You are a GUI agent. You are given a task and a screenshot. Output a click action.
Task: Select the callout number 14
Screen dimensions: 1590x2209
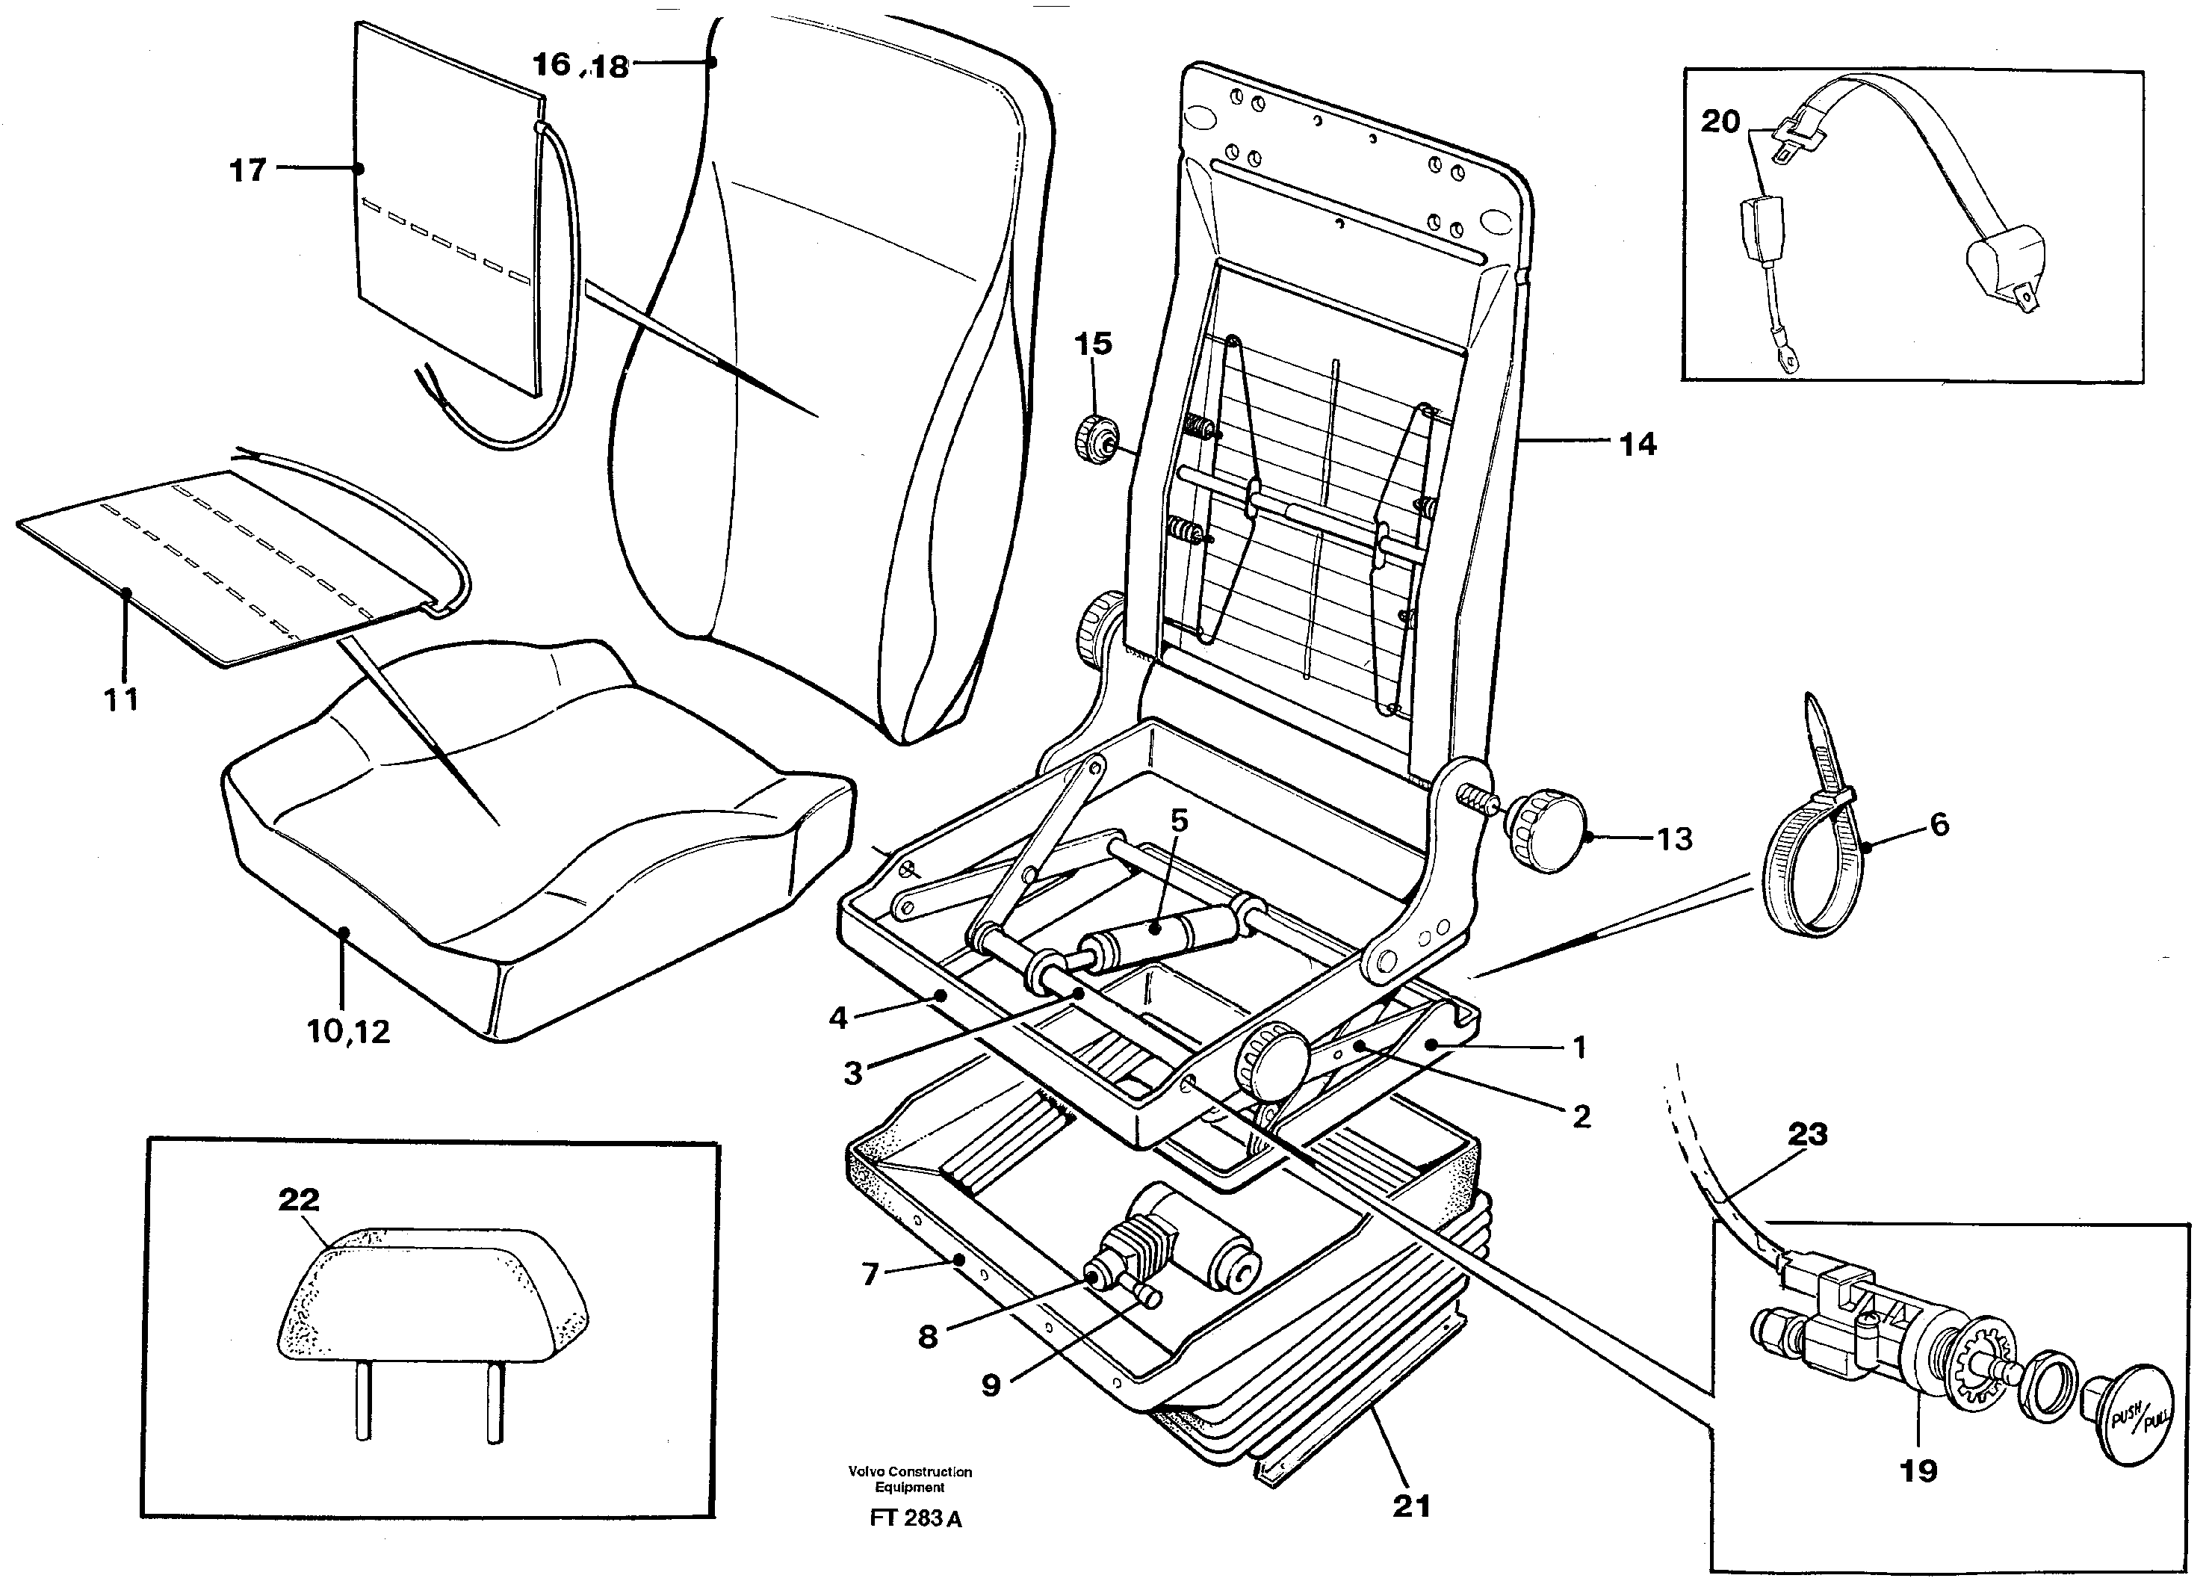1638,445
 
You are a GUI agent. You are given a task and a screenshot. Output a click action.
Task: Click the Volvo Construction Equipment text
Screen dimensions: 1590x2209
910,1479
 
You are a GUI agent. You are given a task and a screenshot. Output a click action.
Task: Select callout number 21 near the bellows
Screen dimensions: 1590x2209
1411,1506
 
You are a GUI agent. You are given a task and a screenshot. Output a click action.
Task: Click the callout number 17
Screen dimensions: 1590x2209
247,170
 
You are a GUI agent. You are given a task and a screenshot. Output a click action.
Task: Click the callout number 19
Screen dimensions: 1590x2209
1918,1470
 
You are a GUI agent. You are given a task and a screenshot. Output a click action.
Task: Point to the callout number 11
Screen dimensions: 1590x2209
122,699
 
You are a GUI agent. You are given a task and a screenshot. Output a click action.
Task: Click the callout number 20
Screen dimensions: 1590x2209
1720,122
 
